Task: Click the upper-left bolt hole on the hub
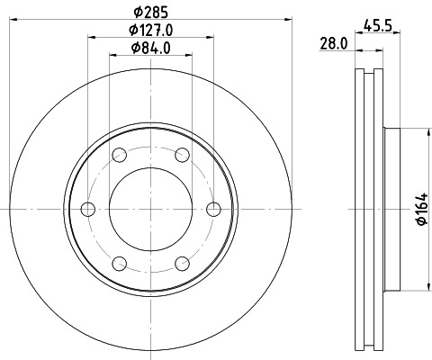[x=119, y=156]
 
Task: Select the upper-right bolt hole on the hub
[x=182, y=156]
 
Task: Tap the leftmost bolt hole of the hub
[x=87, y=210]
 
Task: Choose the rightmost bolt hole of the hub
[x=213, y=210]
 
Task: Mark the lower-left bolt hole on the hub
[x=119, y=264]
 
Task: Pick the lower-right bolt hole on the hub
[x=182, y=264]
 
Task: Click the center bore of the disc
[x=150, y=210]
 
